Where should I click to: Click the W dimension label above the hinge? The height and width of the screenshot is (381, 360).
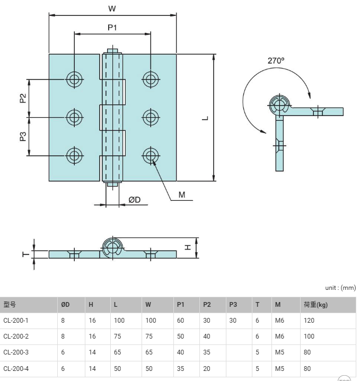[x=112, y=9]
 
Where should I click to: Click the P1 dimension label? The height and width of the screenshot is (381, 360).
[x=112, y=28]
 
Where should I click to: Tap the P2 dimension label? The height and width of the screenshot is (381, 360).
[x=23, y=98]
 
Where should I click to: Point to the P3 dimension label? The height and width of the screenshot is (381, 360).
[x=23, y=136]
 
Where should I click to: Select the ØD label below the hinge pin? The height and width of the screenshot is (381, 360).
[x=135, y=200]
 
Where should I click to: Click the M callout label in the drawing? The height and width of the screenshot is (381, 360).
[x=182, y=194]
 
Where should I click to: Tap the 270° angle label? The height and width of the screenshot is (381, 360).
[x=276, y=60]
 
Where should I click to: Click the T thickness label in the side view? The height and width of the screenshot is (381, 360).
[x=26, y=254]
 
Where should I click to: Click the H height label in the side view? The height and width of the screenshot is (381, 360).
[x=188, y=247]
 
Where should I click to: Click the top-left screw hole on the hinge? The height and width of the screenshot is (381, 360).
[x=74, y=79]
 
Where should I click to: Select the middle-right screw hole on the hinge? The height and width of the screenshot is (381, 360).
[x=151, y=117]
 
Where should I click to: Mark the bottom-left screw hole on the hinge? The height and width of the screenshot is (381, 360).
[x=74, y=155]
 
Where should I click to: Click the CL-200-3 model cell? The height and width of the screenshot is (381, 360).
[x=16, y=352]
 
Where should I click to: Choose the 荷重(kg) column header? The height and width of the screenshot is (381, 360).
[x=315, y=305]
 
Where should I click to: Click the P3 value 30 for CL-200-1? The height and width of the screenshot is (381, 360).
[x=233, y=321]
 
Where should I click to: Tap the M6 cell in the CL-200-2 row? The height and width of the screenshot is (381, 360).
[x=279, y=336]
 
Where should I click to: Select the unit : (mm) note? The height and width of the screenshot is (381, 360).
[x=340, y=288]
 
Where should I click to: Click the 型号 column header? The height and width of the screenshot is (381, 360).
[x=10, y=305]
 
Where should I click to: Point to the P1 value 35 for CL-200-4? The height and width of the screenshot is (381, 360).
[x=180, y=369]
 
